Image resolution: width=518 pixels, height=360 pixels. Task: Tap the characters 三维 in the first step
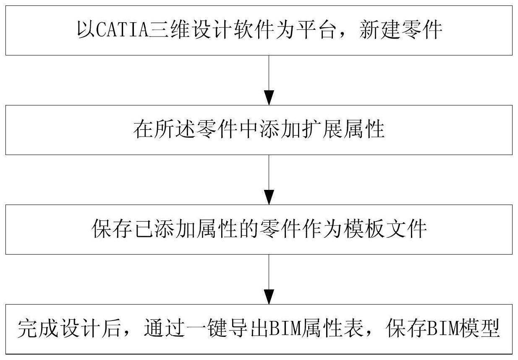[x=170, y=30]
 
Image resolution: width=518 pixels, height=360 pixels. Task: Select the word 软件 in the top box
[x=254, y=30]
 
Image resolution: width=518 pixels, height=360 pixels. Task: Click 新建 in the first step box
[x=380, y=30]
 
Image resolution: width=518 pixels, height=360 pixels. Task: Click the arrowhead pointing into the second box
[x=269, y=97]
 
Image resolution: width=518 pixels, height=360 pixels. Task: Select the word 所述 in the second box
[x=174, y=129]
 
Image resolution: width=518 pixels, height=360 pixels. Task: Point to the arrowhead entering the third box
[x=269, y=197]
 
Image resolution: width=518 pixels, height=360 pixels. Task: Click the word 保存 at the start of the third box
[x=112, y=229]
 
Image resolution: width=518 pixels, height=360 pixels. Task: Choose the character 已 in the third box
[x=144, y=229]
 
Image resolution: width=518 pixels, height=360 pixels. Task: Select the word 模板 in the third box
[x=364, y=229]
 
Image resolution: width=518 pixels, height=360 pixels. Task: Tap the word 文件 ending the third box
[x=406, y=229]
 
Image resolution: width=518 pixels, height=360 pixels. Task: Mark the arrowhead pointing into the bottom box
[x=269, y=297]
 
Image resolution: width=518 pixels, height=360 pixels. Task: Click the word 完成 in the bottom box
[x=38, y=328]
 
